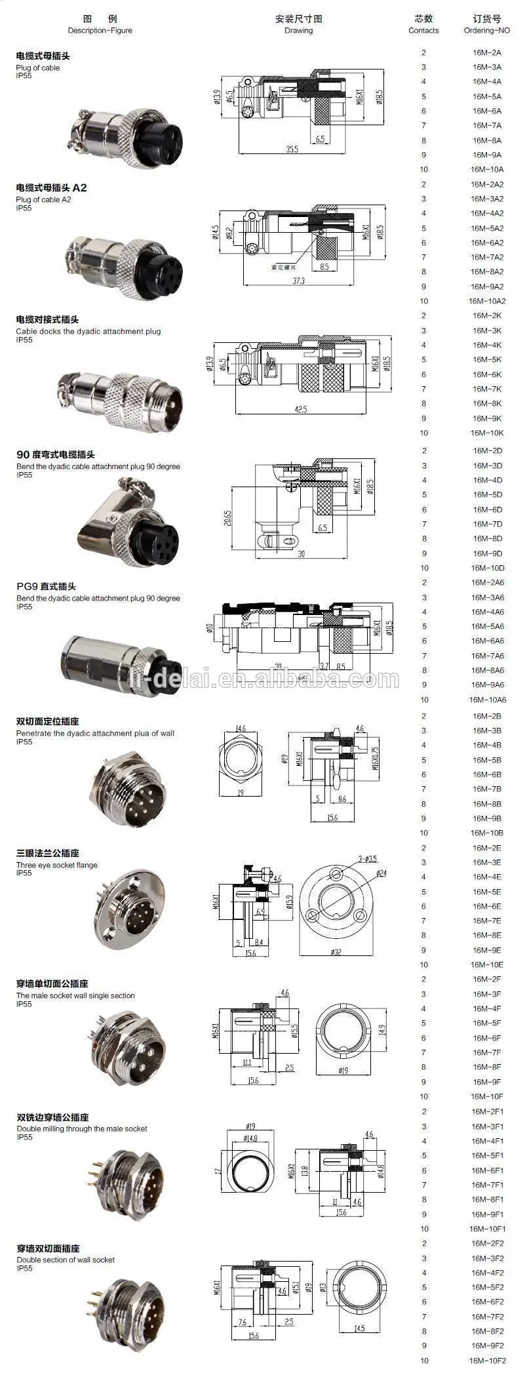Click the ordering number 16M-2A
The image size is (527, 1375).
[486, 52]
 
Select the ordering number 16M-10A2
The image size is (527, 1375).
[486, 301]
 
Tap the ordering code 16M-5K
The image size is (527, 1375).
[486, 359]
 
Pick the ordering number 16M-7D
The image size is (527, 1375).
[486, 524]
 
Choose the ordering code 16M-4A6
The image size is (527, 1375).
[486, 612]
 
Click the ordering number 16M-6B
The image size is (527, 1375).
[486, 774]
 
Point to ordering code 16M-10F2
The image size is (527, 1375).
[486, 1361]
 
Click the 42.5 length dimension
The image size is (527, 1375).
[300, 410]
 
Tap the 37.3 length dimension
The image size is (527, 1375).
[298, 281]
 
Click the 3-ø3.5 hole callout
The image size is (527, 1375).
[367, 859]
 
